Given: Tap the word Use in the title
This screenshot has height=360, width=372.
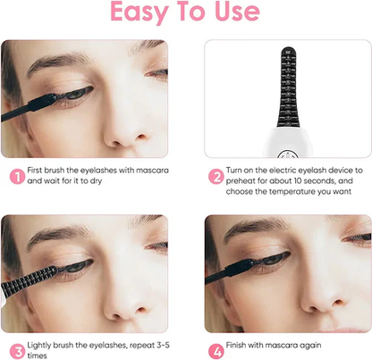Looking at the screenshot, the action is [x=237, y=11].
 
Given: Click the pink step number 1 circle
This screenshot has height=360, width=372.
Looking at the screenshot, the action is [x=17, y=177].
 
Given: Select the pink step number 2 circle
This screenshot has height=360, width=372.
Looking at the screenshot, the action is [x=216, y=177].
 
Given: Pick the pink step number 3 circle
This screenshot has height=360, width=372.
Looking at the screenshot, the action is [x=17, y=352].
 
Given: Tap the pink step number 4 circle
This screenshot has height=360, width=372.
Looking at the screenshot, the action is [x=216, y=352].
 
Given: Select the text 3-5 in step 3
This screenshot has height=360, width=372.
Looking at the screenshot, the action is [x=162, y=345].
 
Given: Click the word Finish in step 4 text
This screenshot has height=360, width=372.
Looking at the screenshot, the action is [x=236, y=345].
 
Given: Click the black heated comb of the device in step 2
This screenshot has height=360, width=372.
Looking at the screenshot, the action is [x=288, y=87].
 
